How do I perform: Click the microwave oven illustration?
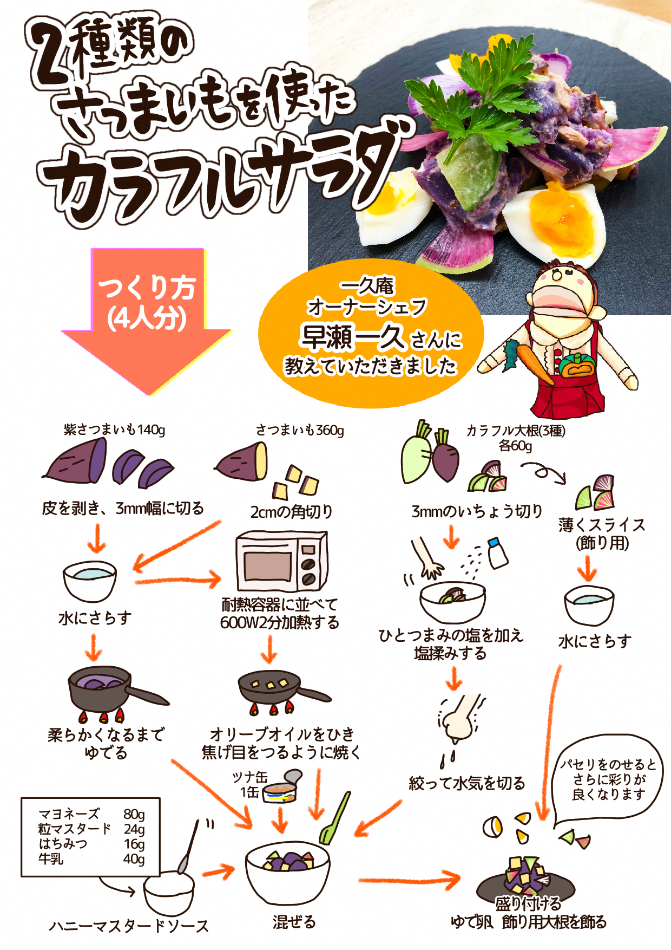pos(282,561)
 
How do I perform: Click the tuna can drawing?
pos(281,788)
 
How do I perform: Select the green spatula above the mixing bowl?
pos(334,818)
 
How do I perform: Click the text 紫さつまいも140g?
pos(115,430)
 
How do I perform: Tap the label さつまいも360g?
pos(300,430)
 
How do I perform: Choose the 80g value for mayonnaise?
pos(134,814)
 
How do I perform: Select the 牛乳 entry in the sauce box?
pos(51,858)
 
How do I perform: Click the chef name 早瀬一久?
pos(352,337)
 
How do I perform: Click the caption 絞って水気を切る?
pos(467,783)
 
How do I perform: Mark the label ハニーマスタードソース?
pos(129,926)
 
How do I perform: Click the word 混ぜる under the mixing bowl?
pos(294,922)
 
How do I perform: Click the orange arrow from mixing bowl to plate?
pos(409,880)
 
